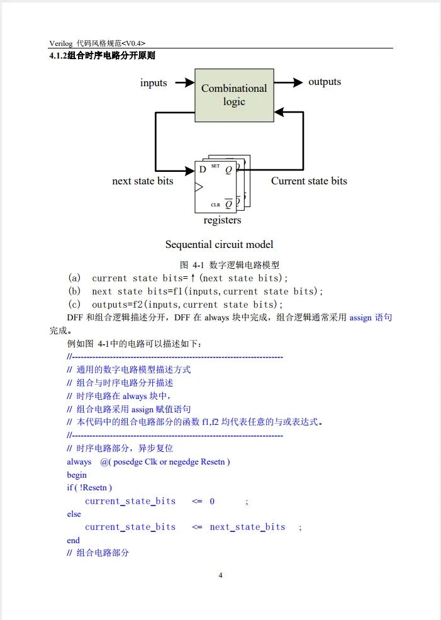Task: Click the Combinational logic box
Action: coord(234,94)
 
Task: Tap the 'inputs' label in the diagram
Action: coord(154,82)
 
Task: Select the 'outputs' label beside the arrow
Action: coord(325,82)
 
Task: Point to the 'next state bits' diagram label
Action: coord(143,181)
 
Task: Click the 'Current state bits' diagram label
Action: coord(309,181)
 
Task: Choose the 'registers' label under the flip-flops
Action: coord(222,220)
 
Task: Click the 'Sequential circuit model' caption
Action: coord(219,244)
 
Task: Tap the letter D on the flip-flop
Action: coord(202,169)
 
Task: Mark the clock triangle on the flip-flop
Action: coord(199,187)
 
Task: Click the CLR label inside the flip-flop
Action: coord(215,205)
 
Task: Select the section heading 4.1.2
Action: coord(102,56)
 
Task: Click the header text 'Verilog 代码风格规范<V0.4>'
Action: coord(101,43)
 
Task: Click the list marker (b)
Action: coord(74,291)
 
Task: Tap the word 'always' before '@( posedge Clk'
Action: coord(79,462)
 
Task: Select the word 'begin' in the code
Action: coord(77,475)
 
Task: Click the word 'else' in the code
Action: coord(74,514)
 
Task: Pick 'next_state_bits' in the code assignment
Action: coord(247,527)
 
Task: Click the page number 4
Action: coord(220,575)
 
